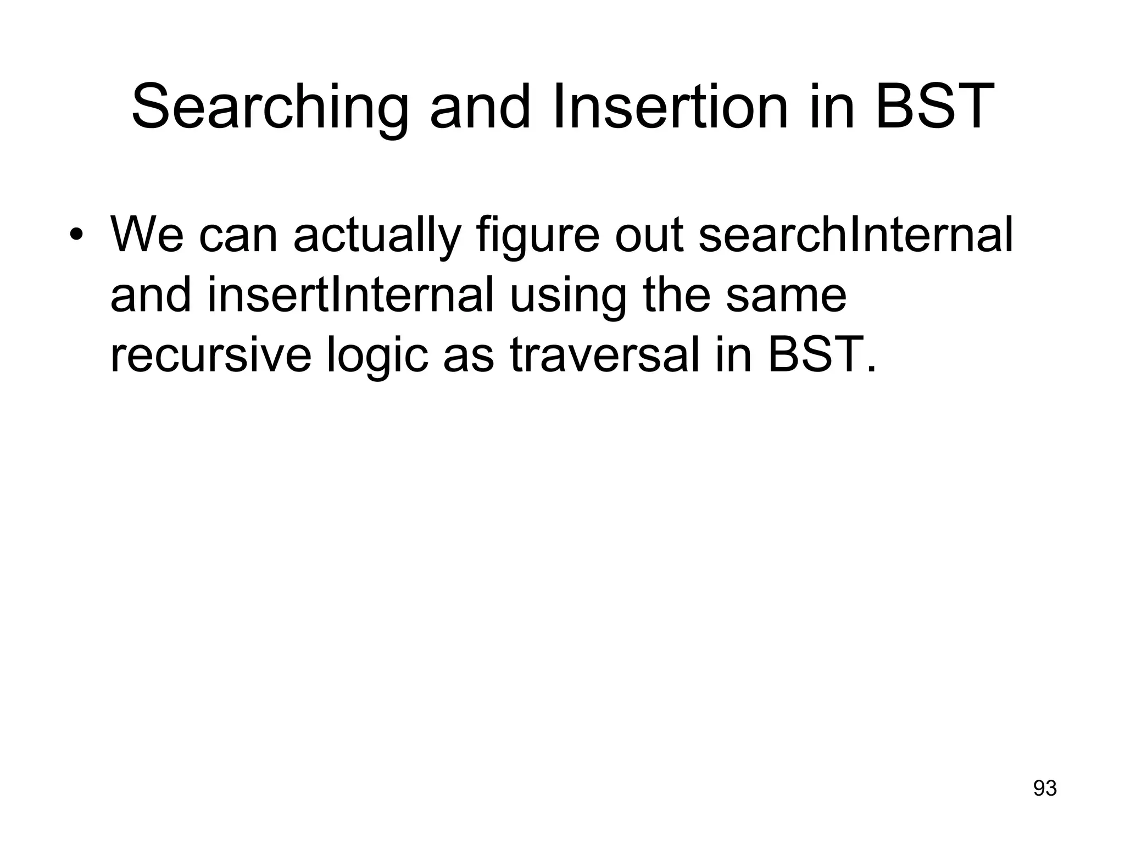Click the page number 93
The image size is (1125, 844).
click(1045, 789)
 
